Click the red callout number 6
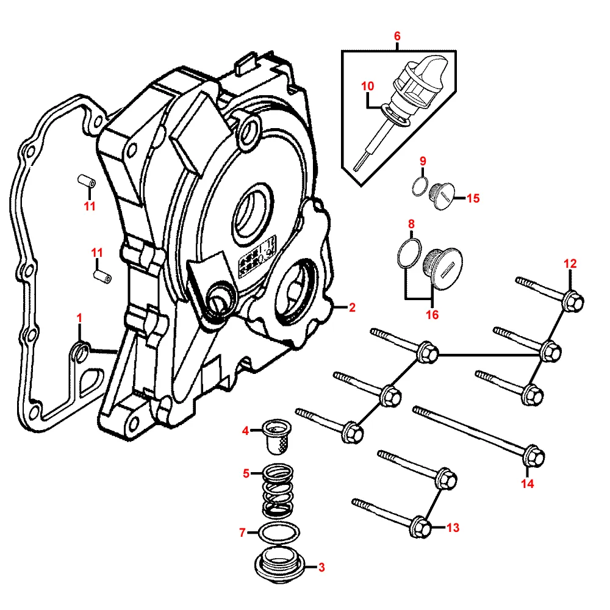click(397, 36)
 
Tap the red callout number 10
click(368, 86)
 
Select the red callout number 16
click(432, 314)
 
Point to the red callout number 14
click(528, 484)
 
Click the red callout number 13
click(453, 528)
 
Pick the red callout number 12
click(570, 264)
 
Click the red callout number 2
click(352, 307)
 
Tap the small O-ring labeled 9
click(420, 186)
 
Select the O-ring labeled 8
click(409, 253)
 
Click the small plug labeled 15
click(442, 196)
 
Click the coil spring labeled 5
click(278, 490)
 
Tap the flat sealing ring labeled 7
click(279, 533)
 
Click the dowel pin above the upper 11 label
click(86, 181)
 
